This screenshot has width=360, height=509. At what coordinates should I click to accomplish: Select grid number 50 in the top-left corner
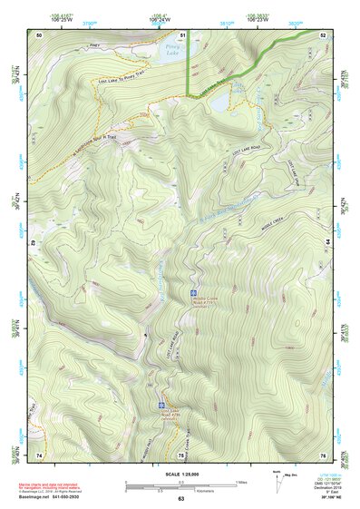point(39,34)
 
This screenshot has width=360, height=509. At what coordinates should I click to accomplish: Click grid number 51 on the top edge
point(183,34)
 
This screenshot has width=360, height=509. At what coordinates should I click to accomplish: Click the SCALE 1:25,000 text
point(180,473)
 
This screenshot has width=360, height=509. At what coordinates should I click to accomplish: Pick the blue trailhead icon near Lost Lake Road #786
point(162,405)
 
